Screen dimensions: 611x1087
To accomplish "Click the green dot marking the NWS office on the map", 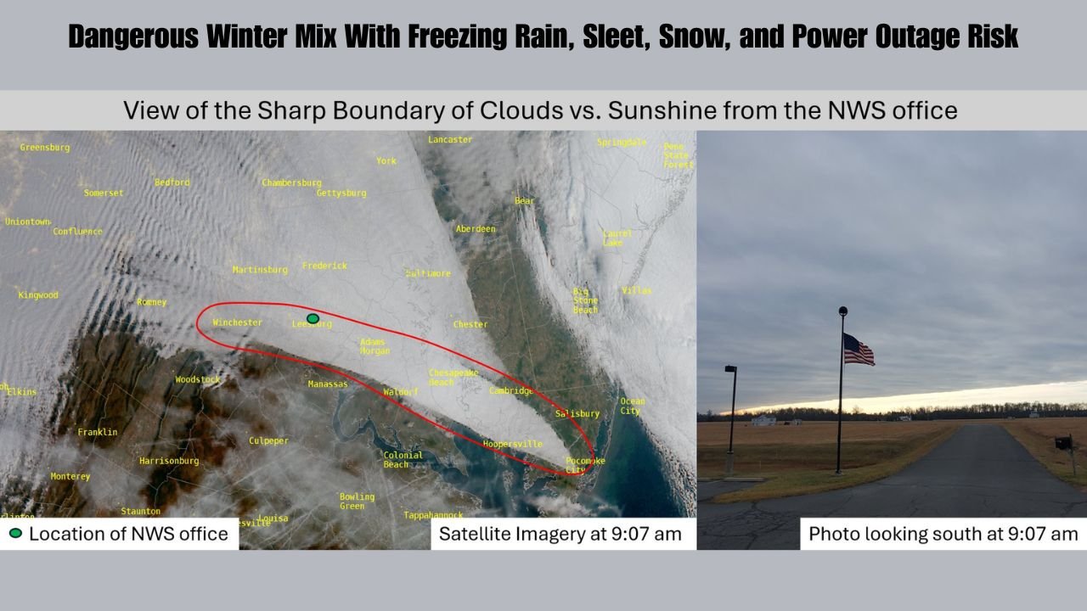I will [313, 318].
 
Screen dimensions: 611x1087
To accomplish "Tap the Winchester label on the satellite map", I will [237, 322].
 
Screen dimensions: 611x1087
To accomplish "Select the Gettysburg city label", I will [341, 193].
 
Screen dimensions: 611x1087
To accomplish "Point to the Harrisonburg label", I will [169, 461].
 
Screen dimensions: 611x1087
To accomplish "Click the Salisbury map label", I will [577, 414].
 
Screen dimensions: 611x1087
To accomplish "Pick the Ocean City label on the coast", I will [632, 406].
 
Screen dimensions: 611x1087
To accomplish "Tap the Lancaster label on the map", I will [450, 139].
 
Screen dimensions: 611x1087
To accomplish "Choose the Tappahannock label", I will [433, 515].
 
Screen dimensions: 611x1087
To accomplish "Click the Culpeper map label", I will [268, 441].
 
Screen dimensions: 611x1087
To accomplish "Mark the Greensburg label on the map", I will [45, 148].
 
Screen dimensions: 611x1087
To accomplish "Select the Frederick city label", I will [324, 266].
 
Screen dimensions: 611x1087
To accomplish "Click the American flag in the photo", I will [859, 349].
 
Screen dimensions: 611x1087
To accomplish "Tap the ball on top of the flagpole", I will [842, 311].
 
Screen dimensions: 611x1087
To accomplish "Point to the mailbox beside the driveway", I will [1062, 442].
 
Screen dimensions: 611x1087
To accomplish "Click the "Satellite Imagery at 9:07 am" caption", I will [560, 534].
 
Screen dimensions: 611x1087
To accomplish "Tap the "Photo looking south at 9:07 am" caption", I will [943, 534].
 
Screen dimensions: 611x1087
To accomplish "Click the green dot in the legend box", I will [15, 534].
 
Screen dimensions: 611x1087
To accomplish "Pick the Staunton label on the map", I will [140, 512].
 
